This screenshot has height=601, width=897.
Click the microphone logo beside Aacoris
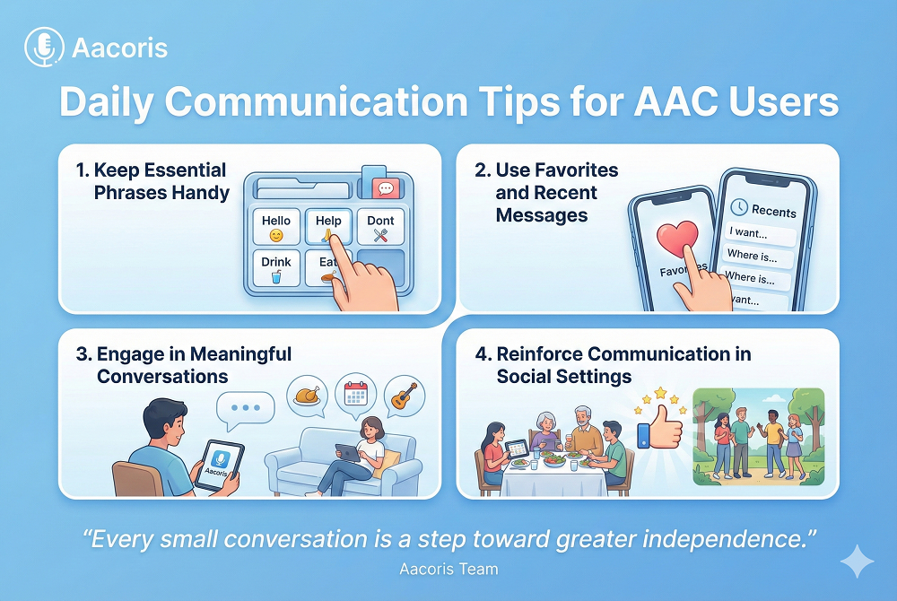coord(44,47)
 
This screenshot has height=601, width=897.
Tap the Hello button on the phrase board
coord(276,226)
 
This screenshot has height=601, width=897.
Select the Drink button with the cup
coord(276,268)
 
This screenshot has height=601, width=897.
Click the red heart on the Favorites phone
coord(677,238)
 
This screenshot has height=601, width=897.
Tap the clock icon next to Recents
coord(739,206)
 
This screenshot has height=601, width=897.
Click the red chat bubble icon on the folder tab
coord(386,188)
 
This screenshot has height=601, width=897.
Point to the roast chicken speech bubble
coord(307,396)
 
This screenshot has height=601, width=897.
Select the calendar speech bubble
coord(356,394)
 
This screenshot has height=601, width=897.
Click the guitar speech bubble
coord(405,396)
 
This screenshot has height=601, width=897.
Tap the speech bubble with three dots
coord(246,410)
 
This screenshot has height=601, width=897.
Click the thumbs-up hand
coord(660,428)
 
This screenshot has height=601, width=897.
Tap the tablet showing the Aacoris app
coord(219,465)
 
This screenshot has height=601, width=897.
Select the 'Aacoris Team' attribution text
coord(448,569)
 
